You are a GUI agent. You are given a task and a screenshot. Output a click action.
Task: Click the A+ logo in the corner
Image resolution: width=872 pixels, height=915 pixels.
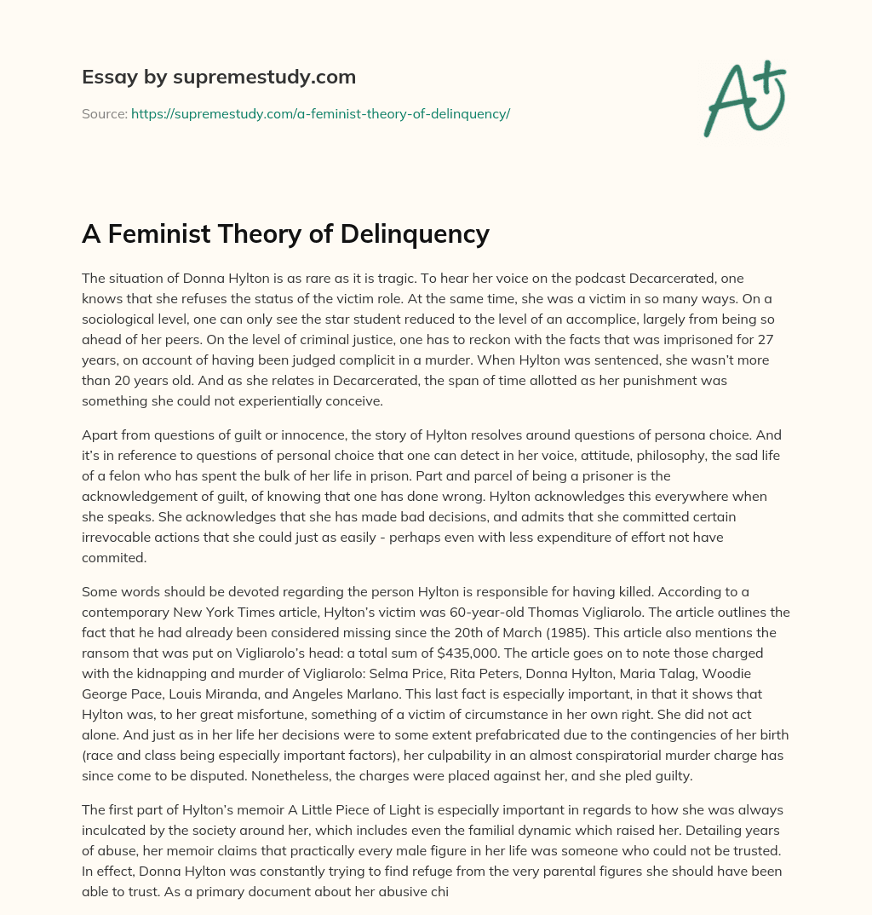pyautogui.click(x=743, y=97)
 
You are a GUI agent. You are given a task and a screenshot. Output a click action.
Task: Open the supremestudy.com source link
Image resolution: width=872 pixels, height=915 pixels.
pyautogui.click(x=320, y=113)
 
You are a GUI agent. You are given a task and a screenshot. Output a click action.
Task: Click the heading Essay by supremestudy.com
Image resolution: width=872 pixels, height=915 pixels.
pyautogui.click(x=219, y=78)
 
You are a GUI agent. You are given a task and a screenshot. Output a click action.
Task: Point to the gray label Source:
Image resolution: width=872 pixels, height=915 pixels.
pyautogui.click(x=104, y=113)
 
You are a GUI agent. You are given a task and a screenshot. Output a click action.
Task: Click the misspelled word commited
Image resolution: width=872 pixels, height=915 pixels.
pyautogui.click(x=114, y=558)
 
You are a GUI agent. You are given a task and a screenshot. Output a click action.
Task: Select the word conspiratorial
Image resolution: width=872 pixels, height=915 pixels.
pyautogui.click(x=459, y=754)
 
